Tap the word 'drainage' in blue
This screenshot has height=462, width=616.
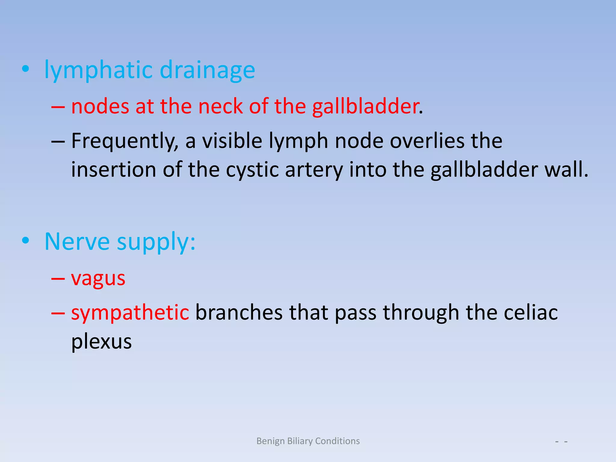click(x=207, y=70)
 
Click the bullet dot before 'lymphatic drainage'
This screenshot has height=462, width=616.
click(x=26, y=69)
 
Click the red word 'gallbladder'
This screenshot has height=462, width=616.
click(x=365, y=106)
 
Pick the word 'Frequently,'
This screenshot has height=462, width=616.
click(x=125, y=141)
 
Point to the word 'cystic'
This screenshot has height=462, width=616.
click(x=252, y=170)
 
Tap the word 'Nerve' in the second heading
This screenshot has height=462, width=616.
click(x=77, y=242)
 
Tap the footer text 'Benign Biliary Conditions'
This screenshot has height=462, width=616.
click(x=308, y=441)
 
